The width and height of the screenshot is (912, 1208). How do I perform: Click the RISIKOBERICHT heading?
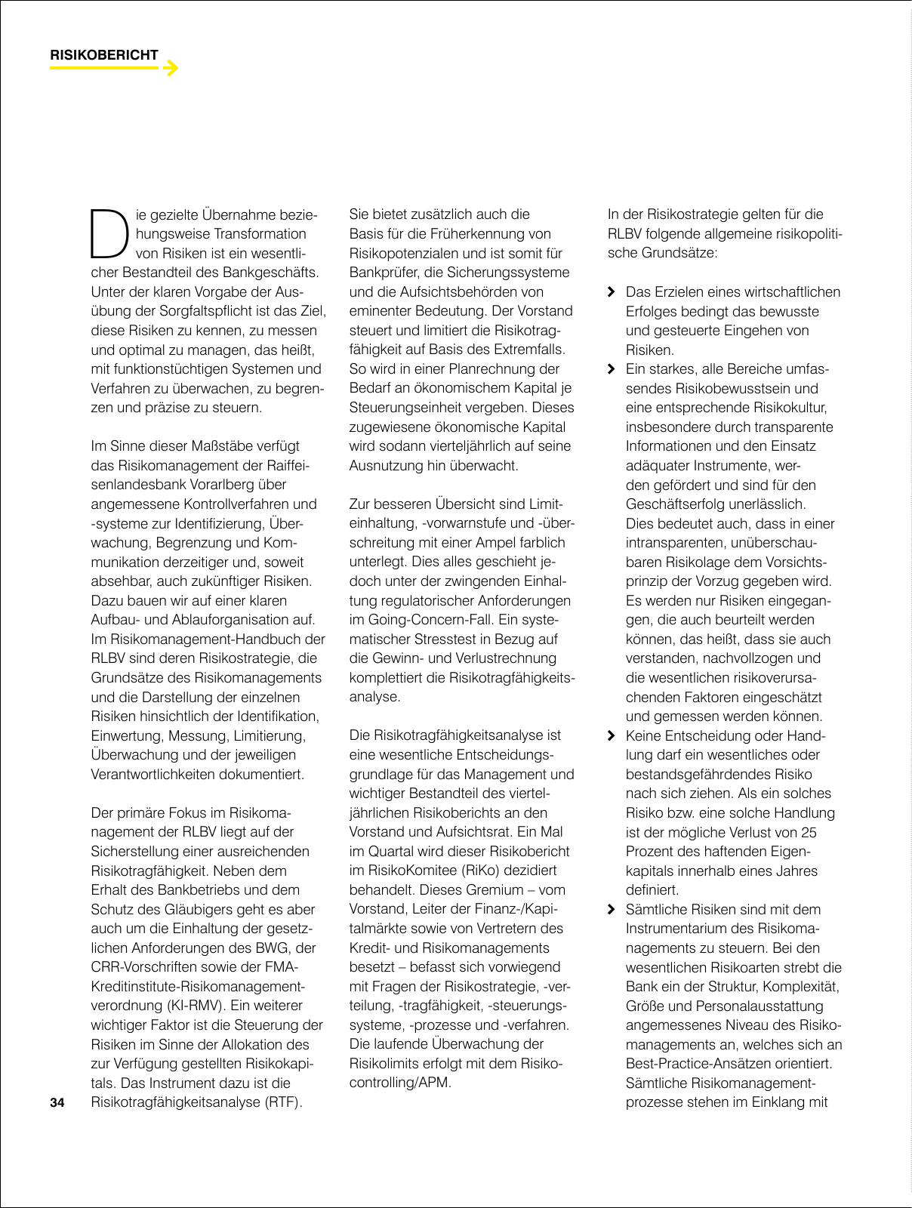(x=104, y=55)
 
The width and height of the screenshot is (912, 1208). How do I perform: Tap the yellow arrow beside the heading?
(x=171, y=69)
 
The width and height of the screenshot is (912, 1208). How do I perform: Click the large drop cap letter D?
(x=107, y=230)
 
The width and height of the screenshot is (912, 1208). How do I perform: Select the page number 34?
(x=57, y=1103)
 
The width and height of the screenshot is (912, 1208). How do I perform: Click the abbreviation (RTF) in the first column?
(x=282, y=1103)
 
